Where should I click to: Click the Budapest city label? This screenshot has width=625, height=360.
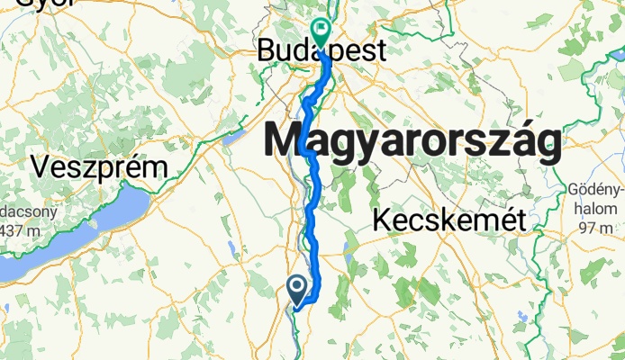(x=322, y=50)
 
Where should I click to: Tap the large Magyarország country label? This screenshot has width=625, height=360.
(x=412, y=142)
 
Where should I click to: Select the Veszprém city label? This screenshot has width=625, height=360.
(x=99, y=167)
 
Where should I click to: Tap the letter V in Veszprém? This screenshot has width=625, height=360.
(x=41, y=167)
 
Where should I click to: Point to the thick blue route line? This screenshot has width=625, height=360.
(x=312, y=207)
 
